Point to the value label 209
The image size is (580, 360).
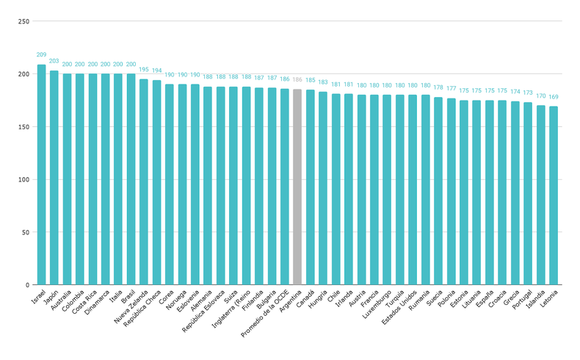coord(41,55)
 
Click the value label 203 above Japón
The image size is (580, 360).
coord(54,62)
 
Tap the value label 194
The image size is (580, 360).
coord(156,71)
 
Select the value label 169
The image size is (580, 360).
coord(553,97)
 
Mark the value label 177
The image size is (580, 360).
coord(451,89)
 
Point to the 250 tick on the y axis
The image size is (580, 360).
coord(23,21)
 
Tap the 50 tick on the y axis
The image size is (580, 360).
coord(26,232)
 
